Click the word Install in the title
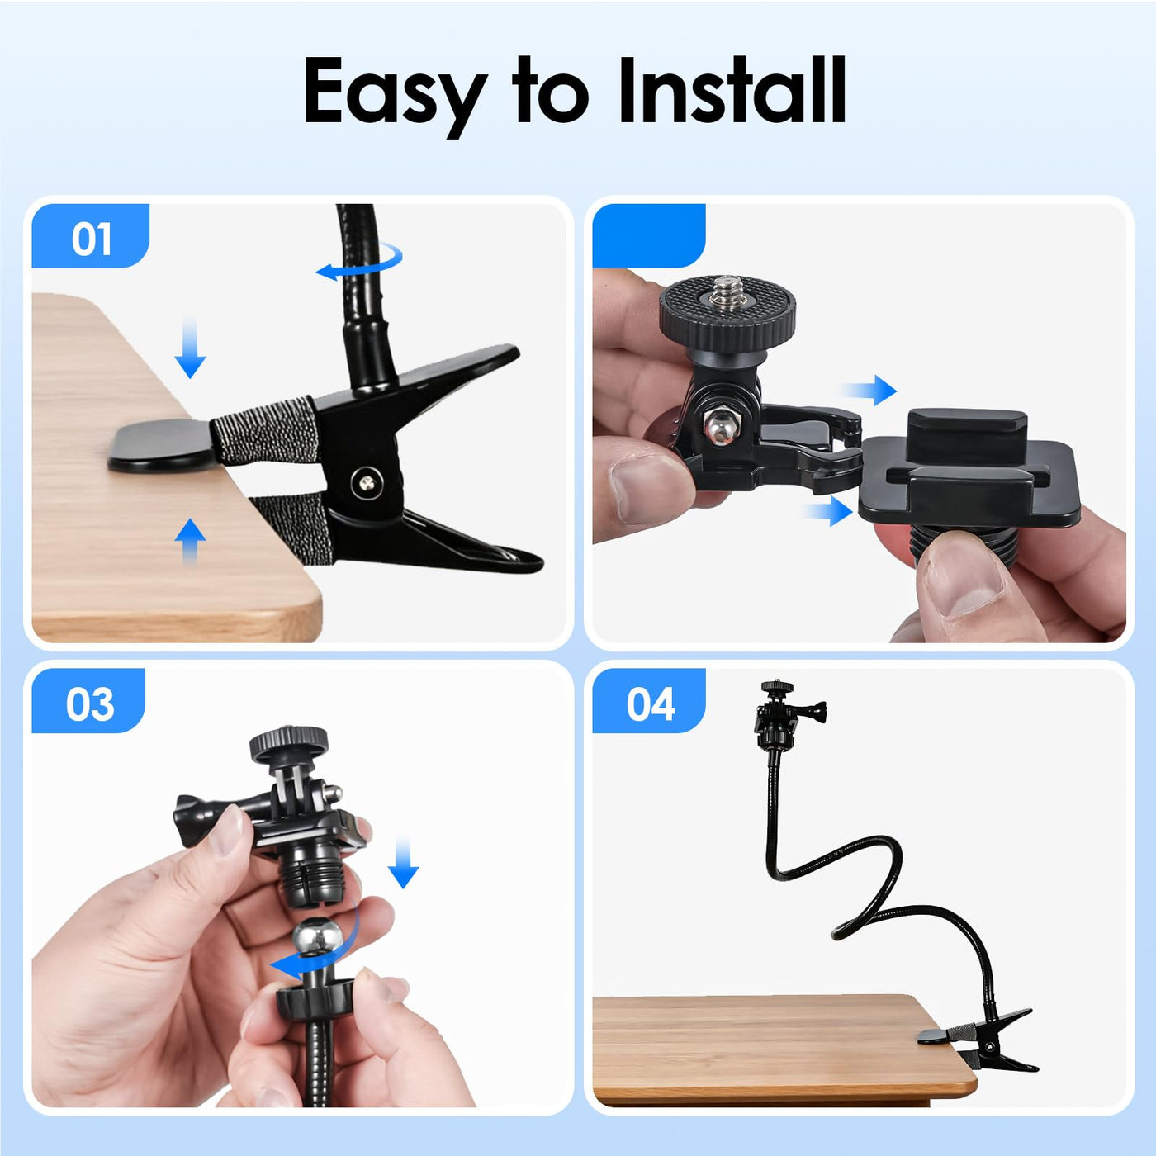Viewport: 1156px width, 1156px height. [x=732, y=90]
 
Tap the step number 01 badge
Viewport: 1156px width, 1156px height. [x=91, y=236]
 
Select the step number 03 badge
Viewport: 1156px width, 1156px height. [x=89, y=701]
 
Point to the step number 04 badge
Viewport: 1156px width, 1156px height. [x=649, y=701]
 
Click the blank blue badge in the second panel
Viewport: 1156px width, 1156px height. [x=649, y=236]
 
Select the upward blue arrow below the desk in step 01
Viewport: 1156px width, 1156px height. [x=190, y=541]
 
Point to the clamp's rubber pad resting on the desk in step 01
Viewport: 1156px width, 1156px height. [x=162, y=445]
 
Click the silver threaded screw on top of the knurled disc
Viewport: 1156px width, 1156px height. [x=727, y=291]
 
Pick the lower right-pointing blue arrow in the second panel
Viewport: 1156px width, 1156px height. [x=828, y=511]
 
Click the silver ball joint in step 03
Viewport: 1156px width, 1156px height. [x=317, y=937]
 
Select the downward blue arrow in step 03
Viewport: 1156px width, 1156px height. [x=403, y=862]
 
